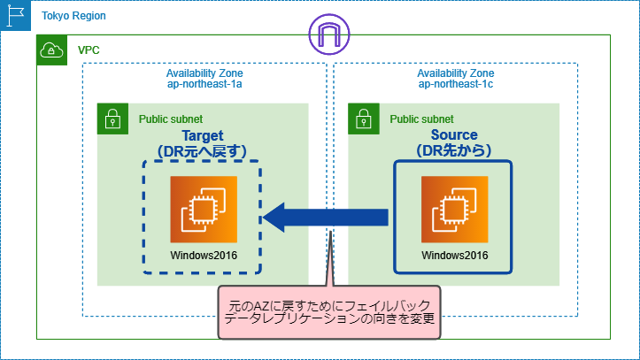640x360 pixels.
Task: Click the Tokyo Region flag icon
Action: point(16,16)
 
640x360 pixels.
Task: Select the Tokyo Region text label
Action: point(73,16)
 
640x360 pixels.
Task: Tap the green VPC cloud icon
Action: point(52,50)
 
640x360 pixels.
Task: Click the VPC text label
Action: point(89,50)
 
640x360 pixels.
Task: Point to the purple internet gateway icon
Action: point(329,34)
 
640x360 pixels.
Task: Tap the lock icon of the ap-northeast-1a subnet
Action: point(112,119)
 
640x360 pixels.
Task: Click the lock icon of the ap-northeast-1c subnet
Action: point(364,119)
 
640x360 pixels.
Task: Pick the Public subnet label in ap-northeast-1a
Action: point(171,119)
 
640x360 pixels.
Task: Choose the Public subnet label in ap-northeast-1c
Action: point(421,119)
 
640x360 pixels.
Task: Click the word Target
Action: point(203,135)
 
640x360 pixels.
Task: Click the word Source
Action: point(454,134)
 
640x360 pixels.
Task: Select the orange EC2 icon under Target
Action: point(204,210)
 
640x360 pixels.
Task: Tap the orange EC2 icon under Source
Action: point(455,210)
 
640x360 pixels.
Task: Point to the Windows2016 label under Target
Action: point(204,256)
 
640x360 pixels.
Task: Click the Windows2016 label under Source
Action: point(455,256)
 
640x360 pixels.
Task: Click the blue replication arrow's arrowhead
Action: point(274,218)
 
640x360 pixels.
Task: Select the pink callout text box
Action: point(329,312)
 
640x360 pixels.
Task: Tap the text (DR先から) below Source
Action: point(454,150)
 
